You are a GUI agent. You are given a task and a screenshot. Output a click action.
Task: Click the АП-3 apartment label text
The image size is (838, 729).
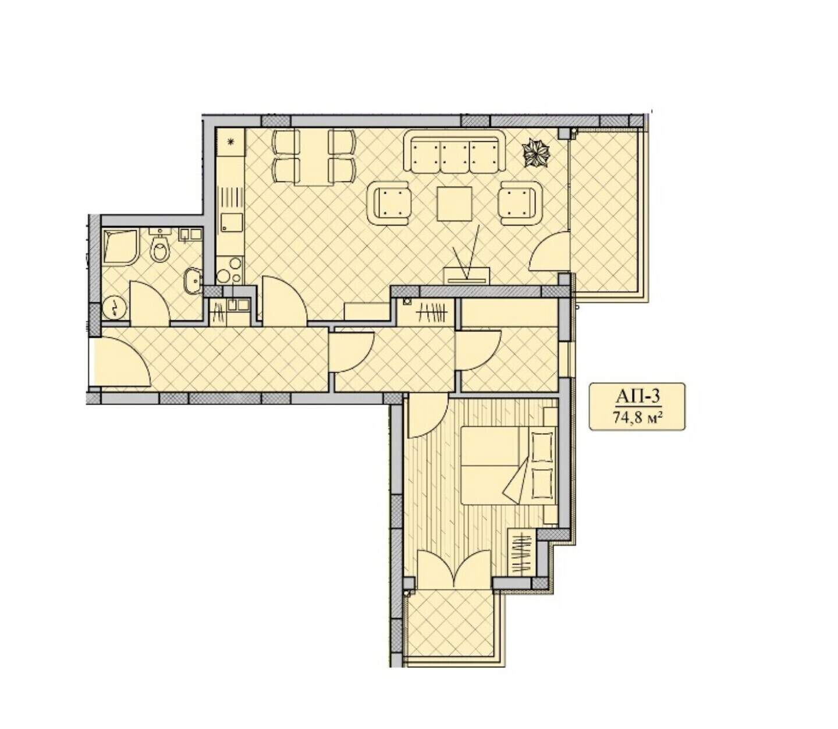point(636,397)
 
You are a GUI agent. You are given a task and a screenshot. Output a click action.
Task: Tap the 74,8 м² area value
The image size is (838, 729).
point(637,417)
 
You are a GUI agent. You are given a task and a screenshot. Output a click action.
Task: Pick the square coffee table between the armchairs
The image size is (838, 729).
point(454,203)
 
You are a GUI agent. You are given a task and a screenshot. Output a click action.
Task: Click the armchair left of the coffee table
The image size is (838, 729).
point(389,203)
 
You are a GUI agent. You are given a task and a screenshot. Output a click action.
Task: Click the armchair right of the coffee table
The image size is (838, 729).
point(519,203)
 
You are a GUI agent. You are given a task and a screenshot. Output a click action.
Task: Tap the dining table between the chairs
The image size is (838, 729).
point(314,158)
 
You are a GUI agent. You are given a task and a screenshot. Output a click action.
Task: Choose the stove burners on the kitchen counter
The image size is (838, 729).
point(229,269)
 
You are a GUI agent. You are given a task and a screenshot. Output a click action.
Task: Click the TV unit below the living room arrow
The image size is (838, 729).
point(467,276)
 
